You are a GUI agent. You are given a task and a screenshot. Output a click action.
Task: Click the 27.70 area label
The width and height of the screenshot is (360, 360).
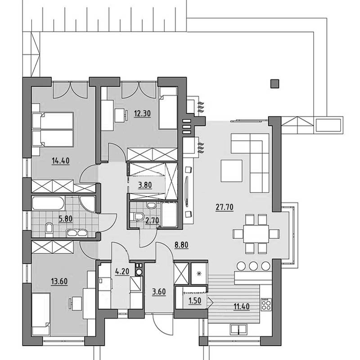click(224, 207)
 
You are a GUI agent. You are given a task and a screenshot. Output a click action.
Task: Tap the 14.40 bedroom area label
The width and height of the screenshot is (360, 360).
click(60, 161)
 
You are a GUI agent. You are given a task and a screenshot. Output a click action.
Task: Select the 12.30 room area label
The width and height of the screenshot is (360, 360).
click(142, 113)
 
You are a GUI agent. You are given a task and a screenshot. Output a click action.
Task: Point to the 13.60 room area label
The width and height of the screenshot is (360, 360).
click(59, 281)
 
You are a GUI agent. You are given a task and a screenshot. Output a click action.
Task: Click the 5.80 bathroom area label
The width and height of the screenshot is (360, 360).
click(65, 219)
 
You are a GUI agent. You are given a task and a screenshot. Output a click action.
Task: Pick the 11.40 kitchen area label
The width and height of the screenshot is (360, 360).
click(242, 306)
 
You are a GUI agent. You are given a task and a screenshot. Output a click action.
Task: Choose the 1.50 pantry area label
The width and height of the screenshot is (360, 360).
click(195, 301)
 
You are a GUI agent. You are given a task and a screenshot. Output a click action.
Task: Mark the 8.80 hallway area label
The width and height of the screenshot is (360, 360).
click(181, 245)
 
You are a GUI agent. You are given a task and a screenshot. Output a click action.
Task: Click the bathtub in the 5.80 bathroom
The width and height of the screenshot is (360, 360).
click(48, 203)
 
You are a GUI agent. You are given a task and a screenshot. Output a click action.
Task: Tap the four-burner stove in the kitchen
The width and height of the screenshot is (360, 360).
click(266, 305)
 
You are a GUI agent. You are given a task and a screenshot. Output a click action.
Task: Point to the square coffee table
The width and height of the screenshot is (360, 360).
click(231, 171)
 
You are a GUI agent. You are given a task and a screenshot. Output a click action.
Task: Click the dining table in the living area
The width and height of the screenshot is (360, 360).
click(256, 234)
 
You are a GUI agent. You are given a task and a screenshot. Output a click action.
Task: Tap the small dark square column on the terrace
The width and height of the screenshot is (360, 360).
click(275, 84)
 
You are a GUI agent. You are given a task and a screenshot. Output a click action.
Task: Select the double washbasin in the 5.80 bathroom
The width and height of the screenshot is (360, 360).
click(77, 233)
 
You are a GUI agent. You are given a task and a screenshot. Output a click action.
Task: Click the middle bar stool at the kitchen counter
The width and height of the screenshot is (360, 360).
click(253, 266)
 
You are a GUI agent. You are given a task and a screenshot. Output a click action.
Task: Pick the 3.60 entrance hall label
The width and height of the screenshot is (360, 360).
click(159, 292)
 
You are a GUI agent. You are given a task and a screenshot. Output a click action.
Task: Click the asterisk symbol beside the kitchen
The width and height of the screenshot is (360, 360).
click(199, 273)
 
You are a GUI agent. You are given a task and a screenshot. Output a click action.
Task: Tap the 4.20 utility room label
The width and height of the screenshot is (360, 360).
click(122, 271)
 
